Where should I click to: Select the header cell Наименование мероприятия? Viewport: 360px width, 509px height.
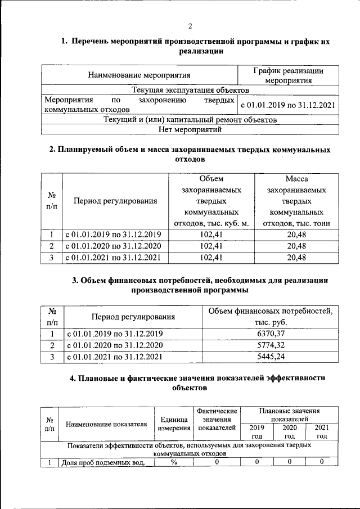coord(139,75)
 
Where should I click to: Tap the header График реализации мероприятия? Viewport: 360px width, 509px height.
coord(287,75)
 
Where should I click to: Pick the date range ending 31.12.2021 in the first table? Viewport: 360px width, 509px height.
coord(287,105)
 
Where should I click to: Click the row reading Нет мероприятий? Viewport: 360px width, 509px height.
coord(190,130)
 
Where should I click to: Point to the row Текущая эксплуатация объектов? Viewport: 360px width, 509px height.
coord(190,90)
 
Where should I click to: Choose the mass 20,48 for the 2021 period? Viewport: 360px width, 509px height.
coord(296,258)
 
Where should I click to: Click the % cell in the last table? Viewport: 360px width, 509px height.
coord(173,462)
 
